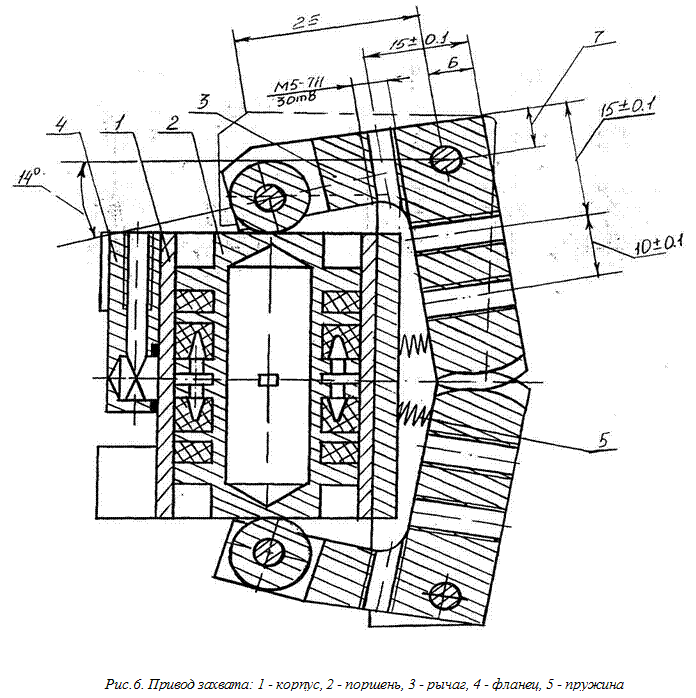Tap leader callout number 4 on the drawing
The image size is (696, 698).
(x=63, y=125)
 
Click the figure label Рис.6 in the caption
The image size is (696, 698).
(x=121, y=685)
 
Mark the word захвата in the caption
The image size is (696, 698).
(x=223, y=685)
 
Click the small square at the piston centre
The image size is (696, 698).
(x=264, y=378)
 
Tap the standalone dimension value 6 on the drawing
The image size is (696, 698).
(x=453, y=63)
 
